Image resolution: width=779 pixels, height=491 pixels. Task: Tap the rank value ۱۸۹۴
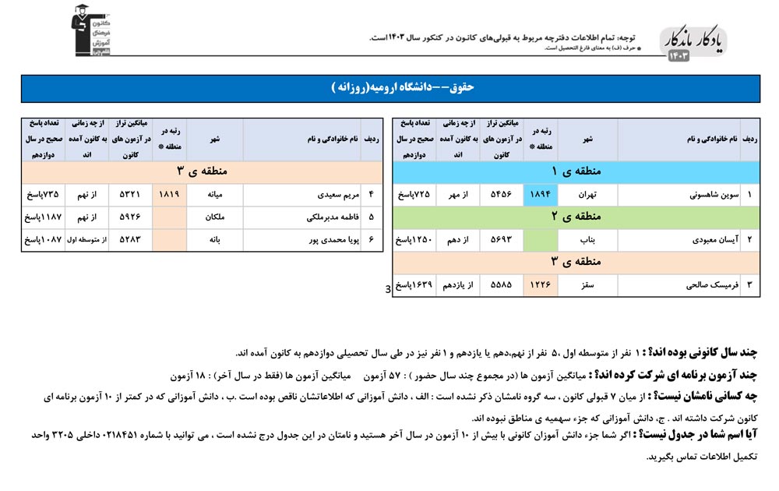coord(541,194)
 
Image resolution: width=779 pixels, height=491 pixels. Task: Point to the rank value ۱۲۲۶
coord(541,285)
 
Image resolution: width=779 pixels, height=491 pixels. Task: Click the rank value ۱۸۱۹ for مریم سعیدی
coord(169,194)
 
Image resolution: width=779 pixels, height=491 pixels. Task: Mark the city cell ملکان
coord(214,217)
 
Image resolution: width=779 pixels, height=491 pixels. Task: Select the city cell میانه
coord(214,194)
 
